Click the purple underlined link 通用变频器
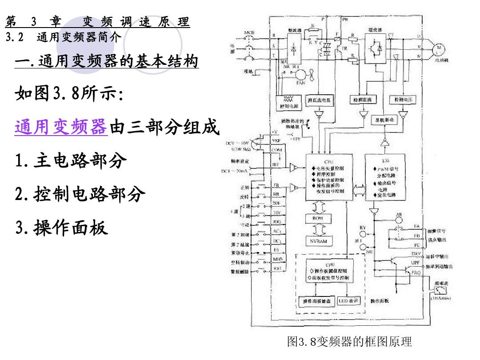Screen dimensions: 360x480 pos(61,127)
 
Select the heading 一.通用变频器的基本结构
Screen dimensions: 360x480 pos(106,61)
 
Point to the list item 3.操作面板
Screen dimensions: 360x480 pos(62,228)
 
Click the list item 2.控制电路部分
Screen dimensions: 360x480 pos(80,194)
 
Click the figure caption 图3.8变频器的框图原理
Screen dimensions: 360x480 pos(350,341)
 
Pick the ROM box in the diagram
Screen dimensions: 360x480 pos(318,219)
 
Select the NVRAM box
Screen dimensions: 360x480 pos(318,240)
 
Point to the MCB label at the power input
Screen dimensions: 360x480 pos(249,33)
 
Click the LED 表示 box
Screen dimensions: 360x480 pos(348,301)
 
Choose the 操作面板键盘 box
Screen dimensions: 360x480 pos(317,301)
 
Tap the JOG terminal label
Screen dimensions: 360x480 pos(276,220)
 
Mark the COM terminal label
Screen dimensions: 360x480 pos(276,150)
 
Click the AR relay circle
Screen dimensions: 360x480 pos(399,216)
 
